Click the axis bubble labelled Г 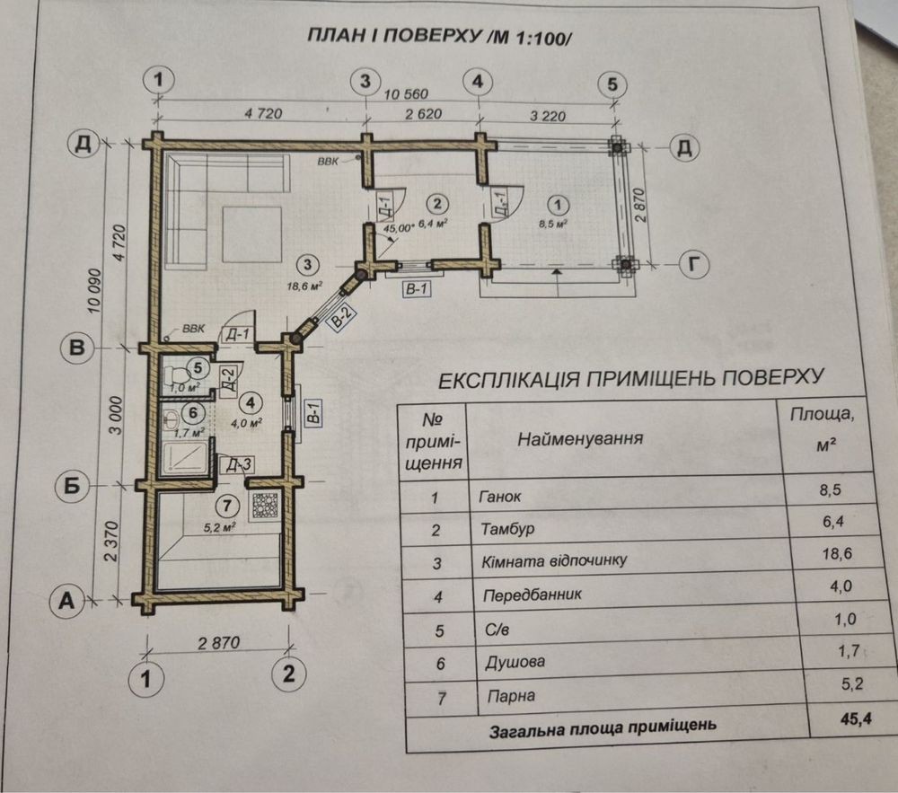click(x=694, y=265)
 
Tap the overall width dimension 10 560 click(x=406, y=94)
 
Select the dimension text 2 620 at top click(x=423, y=114)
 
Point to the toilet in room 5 click(x=177, y=375)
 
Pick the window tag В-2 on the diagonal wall click(x=342, y=317)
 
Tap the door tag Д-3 click(x=238, y=464)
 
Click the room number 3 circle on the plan click(x=308, y=265)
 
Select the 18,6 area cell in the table click(x=837, y=554)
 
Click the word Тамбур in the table click(x=507, y=528)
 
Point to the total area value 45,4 click(x=856, y=718)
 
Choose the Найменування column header click(x=579, y=439)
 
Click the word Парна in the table click(x=511, y=696)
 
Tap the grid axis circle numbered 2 click(x=288, y=674)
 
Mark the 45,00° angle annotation click(x=398, y=227)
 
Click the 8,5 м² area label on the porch click(x=552, y=224)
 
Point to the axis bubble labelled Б click(x=71, y=486)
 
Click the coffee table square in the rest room click(x=252, y=234)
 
